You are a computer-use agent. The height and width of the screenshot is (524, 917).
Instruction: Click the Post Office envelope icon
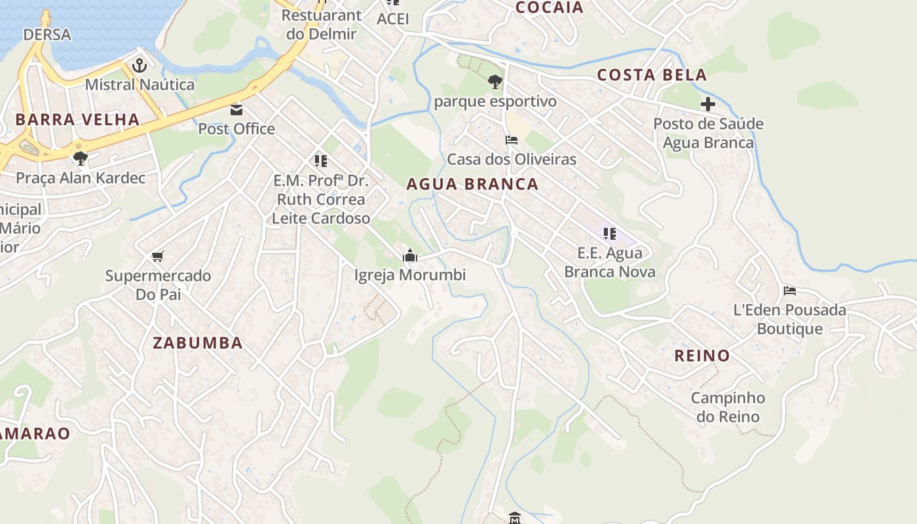click(236, 109)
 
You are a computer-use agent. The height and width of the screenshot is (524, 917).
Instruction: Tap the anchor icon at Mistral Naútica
click(139, 65)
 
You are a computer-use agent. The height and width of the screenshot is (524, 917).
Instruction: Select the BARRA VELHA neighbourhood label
click(77, 120)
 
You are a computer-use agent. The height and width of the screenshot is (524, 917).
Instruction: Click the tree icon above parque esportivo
click(495, 82)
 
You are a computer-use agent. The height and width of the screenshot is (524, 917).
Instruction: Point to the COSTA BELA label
click(652, 75)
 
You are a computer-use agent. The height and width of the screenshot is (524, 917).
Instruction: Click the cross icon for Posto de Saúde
click(708, 104)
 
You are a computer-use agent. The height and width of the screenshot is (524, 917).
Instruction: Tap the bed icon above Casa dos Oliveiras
click(512, 140)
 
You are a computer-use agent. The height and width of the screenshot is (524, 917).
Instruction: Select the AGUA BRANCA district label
click(472, 184)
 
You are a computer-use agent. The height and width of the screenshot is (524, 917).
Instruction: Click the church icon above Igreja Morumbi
click(410, 255)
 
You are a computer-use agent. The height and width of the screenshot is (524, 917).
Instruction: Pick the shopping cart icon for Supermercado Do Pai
click(157, 256)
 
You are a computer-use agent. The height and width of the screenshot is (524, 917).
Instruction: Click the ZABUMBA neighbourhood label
click(198, 343)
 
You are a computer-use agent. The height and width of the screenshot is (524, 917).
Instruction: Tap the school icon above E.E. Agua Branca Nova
click(610, 234)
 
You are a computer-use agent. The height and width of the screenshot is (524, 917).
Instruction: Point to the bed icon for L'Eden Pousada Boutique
click(790, 290)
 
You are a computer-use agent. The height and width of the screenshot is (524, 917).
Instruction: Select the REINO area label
click(702, 356)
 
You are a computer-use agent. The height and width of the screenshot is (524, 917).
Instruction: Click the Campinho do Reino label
click(728, 407)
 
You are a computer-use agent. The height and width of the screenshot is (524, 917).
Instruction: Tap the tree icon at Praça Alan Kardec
click(81, 158)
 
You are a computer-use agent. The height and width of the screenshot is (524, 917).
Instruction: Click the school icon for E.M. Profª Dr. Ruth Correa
click(320, 160)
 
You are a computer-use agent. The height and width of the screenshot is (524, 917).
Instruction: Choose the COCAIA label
click(549, 7)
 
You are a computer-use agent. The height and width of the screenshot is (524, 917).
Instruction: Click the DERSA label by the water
click(47, 35)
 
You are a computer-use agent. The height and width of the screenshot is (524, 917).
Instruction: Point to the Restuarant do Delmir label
click(321, 24)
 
